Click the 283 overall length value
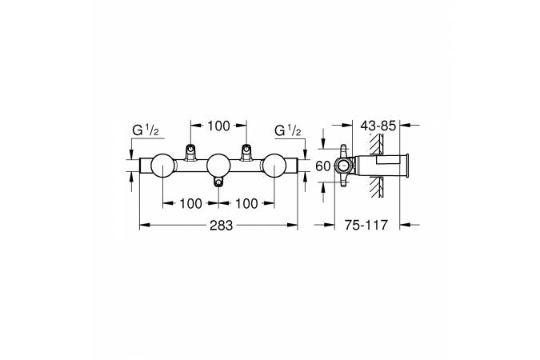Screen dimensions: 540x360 pyautogui.click(x=221, y=226)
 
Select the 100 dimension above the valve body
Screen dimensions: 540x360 pyautogui.click(x=218, y=126)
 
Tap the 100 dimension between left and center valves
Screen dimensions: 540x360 pyautogui.click(x=190, y=203)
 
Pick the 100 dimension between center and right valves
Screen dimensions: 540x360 pyautogui.click(x=246, y=203)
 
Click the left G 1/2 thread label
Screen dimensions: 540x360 pyautogui.click(x=146, y=130)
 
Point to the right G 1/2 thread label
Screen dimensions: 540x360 pyautogui.click(x=288, y=130)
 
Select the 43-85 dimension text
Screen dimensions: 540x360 pyautogui.click(x=378, y=126)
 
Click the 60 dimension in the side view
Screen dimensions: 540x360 pyautogui.click(x=322, y=166)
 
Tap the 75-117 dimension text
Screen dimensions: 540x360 pyautogui.click(x=366, y=226)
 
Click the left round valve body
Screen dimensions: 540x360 pyautogui.click(x=162, y=165)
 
